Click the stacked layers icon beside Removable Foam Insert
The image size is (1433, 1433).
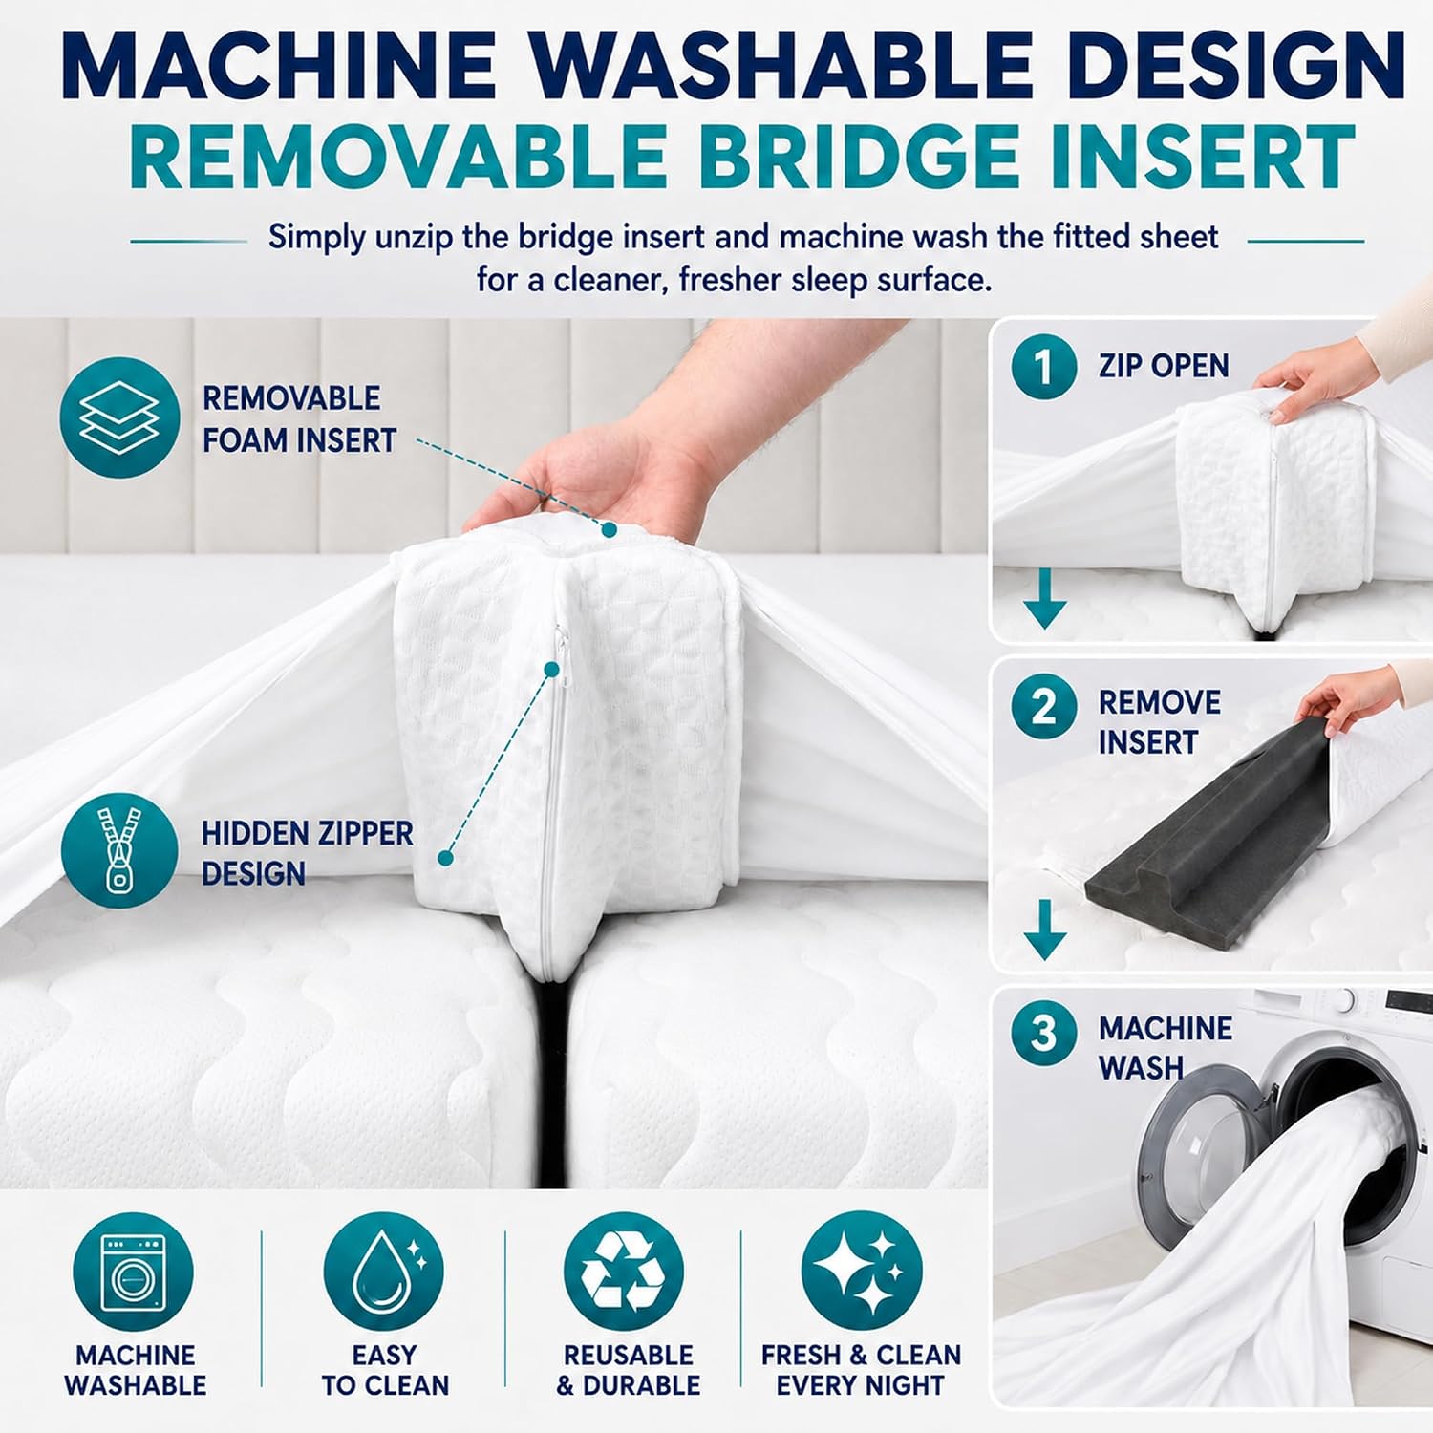(x=119, y=417)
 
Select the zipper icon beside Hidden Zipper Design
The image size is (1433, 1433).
(x=119, y=849)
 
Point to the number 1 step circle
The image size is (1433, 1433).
(x=1043, y=366)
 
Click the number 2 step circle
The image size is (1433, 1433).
(x=1043, y=706)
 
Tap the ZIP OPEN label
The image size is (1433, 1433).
(x=1163, y=366)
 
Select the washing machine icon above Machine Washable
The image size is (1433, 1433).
(x=133, y=1272)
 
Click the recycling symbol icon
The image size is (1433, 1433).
(x=624, y=1272)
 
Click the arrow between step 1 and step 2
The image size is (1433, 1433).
(x=1045, y=598)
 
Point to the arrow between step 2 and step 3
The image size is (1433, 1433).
(x=1045, y=929)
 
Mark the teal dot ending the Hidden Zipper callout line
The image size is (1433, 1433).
(x=445, y=858)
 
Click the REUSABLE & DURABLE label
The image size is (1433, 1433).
(x=628, y=1370)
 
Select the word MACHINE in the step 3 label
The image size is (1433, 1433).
(x=1166, y=1028)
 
